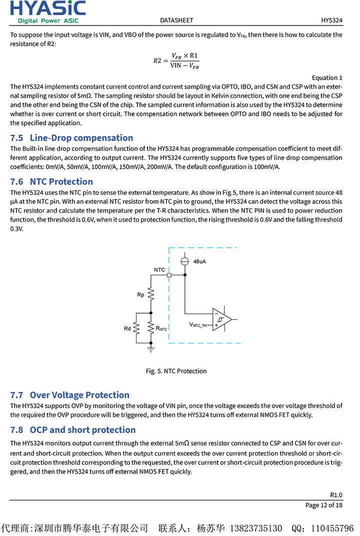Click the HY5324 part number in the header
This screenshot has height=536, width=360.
pos(331,20)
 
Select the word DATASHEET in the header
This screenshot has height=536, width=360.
pos(176,20)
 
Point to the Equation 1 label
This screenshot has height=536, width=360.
pos(327,77)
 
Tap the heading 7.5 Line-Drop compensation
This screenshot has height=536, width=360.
pos(71,138)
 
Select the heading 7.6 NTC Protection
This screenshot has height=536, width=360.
pos(51,182)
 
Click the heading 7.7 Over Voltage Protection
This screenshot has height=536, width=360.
pos(69,395)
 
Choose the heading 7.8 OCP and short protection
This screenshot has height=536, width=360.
pos(73,430)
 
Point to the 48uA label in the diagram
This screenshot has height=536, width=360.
pos(199,262)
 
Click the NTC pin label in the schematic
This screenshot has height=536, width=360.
pos(159,270)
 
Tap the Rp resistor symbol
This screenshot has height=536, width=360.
pos(150,295)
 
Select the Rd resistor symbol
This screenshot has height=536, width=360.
pos(136,328)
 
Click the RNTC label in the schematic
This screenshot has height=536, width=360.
pos(161,329)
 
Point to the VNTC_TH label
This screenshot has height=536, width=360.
pos(198,325)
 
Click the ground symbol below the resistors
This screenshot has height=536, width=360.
pos(150,349)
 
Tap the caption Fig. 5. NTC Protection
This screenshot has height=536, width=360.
pos(176,371)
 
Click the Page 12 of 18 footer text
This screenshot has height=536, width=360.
pos(324,505)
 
